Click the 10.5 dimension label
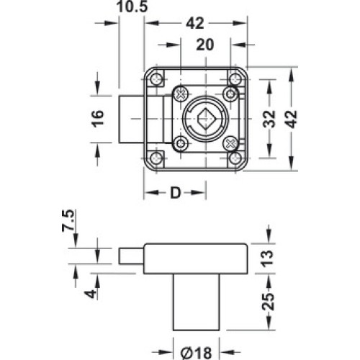[x=132, y=6]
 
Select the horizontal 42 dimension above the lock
[x=195, y=23]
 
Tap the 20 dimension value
[x=204, y=45]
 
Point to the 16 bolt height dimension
[x=98, y=119]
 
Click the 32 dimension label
[x=269, y=119]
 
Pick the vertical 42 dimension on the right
[x=291, y=119]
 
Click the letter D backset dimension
[x=175, y=193]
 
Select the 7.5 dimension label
[x=68, y=220]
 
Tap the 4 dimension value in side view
[x=91, y=293]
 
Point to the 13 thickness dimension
[x=267, y=258]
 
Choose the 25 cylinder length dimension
[x=268, y=302]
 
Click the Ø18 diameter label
[x=196, y=353]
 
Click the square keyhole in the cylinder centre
[x=206, y=119]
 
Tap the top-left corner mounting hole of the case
[x=156, y=78]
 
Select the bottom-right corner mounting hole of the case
[x=235, y=158]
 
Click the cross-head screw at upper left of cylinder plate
[x=181, y=93]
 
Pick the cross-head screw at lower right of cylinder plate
[x=230, y=144]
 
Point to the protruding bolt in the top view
[x=132, y=119]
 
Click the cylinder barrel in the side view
[x=197, y=302]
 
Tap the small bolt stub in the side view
[x=131, y=256]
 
